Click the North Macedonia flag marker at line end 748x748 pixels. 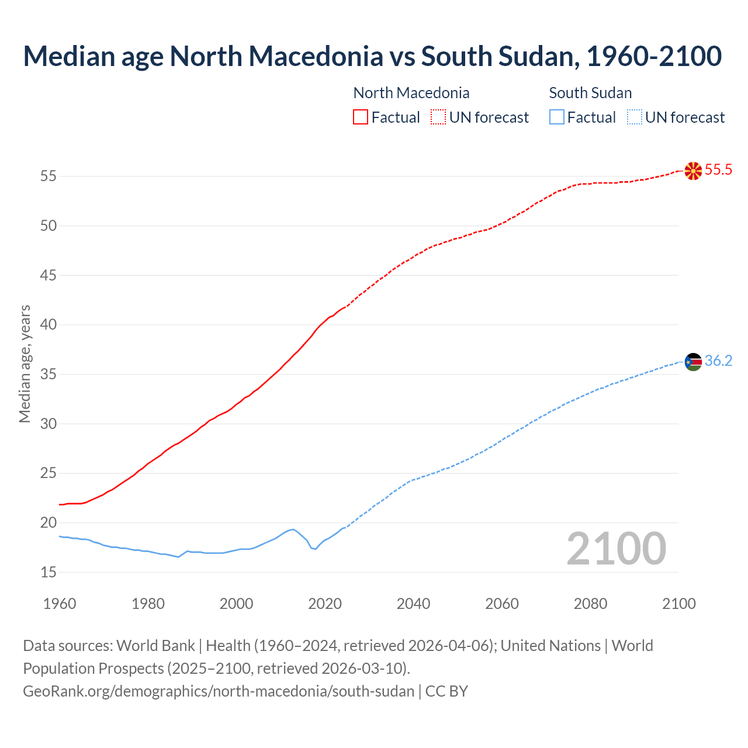tap(693, 171)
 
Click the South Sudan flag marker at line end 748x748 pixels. tap(693, 362)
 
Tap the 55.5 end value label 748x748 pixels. tap(718, 170)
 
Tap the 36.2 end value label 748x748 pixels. tap(718, 361)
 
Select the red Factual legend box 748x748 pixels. tap(361, 117)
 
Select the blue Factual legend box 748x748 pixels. tap(556, 117)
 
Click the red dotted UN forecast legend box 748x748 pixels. tap(438, 117)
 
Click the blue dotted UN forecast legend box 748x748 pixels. tap(634, 117)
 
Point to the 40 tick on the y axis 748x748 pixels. tap(49, 324)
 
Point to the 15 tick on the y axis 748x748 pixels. tap(49, 572)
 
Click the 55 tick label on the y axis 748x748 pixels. tap(49, 176)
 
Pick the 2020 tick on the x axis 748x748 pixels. tap(325, 604)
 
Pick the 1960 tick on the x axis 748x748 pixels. tap(60, 604)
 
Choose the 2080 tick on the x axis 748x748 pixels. tap(590, 604)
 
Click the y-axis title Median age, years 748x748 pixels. tap(25, 363)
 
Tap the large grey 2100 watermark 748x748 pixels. tap(616, 549)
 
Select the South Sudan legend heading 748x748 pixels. tap(590, 93)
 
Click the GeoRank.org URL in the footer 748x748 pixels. tap(219, 691)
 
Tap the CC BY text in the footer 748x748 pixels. tap(447, 691)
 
